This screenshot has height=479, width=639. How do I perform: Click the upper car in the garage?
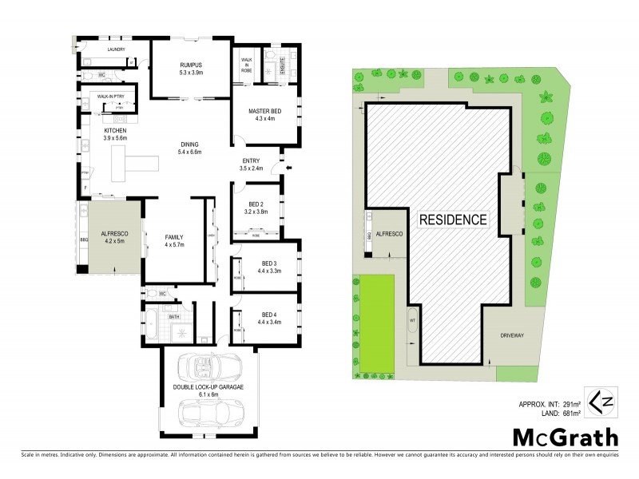coord(208,366)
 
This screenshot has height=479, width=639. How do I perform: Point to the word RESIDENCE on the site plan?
coord(452,219)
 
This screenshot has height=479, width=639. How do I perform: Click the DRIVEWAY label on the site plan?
coord(513,336)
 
